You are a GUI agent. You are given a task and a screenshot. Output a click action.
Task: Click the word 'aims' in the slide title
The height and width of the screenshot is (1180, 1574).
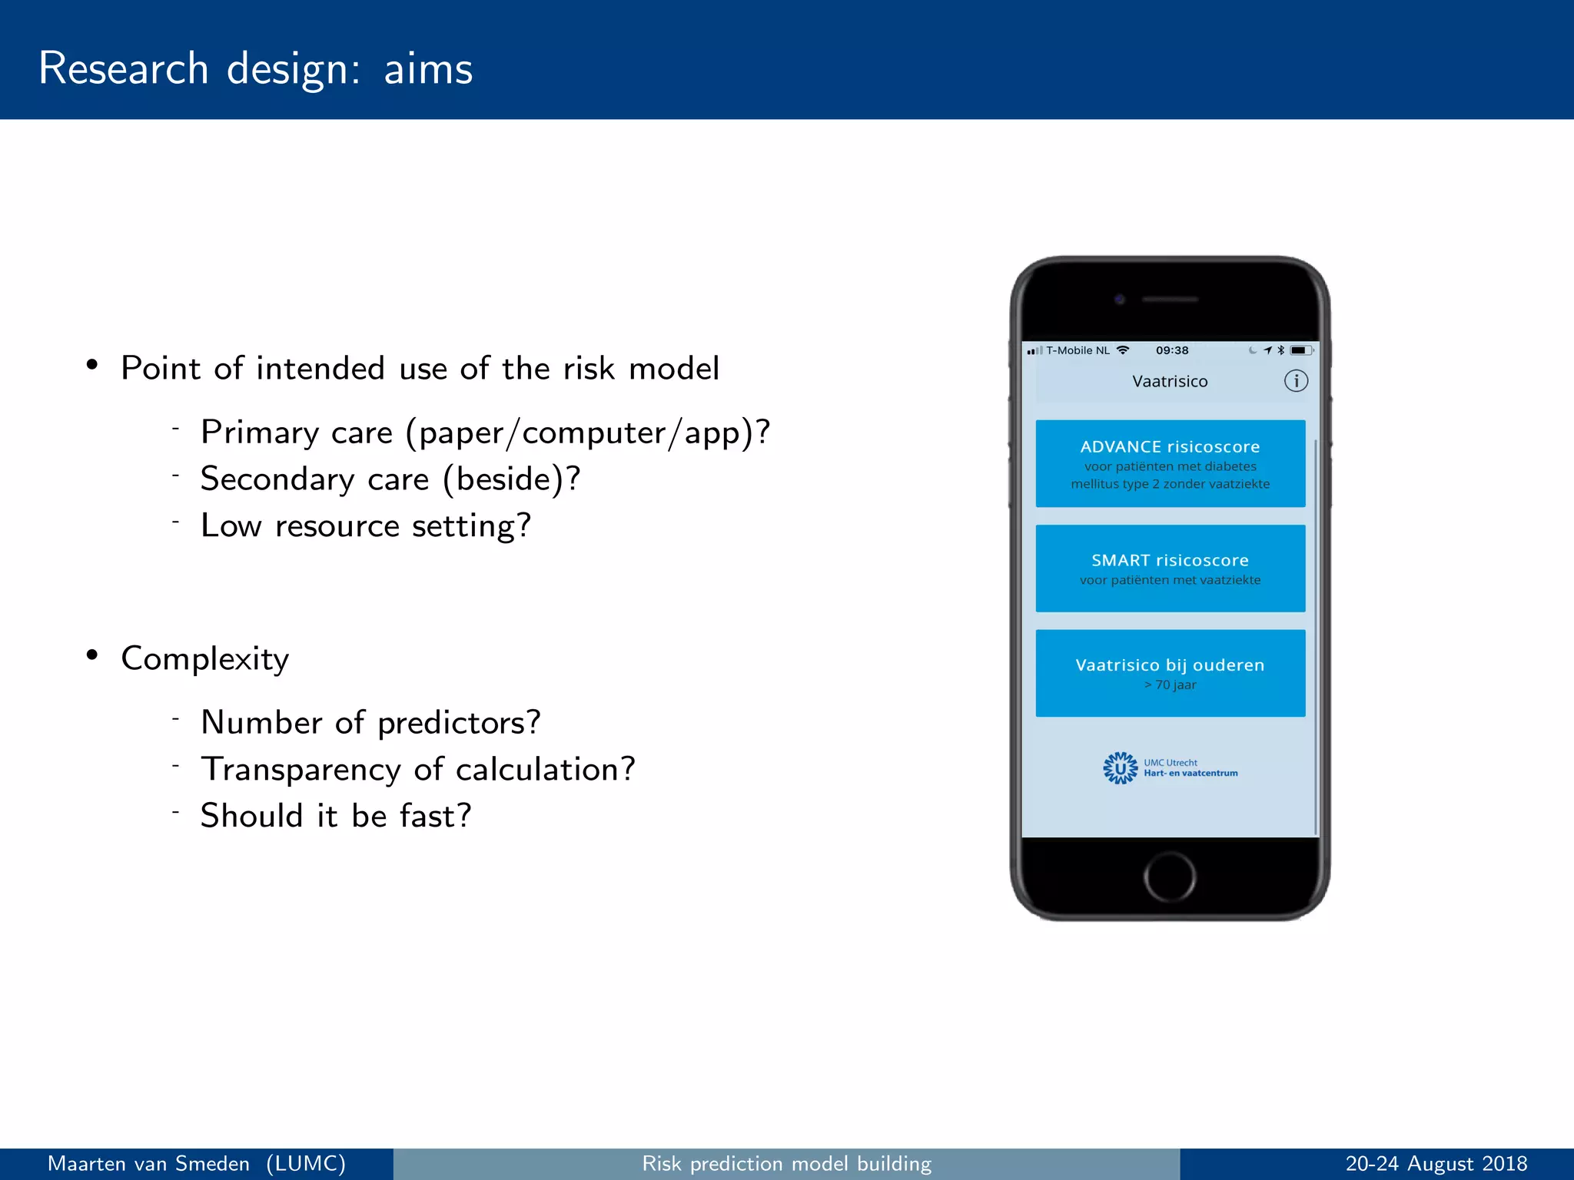(x=428, y=69)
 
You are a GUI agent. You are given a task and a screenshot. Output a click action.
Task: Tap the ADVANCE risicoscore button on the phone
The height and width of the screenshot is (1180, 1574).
(x=1170, y=463)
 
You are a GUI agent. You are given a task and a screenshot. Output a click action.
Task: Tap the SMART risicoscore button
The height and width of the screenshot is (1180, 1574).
(x=1170, y=568)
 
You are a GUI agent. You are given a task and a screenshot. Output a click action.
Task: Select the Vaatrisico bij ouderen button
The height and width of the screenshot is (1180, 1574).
(x=1170, y=673)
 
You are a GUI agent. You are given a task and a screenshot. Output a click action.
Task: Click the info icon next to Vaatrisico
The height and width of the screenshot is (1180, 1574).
(x=1296, y=381)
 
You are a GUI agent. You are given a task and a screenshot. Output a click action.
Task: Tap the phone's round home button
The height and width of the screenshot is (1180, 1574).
(x=1169, y=877)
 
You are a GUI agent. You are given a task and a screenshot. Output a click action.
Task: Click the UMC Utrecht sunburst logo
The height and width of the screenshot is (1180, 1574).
(x=1120, y=767)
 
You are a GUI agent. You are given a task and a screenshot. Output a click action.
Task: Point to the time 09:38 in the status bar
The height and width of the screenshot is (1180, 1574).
(x=1171, y=350)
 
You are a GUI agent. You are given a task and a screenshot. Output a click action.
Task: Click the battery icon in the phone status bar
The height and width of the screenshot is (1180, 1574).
(x=1300, y=350)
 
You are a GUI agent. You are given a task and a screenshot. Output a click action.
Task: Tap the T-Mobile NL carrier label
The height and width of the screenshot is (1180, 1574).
(x=1078, y=350)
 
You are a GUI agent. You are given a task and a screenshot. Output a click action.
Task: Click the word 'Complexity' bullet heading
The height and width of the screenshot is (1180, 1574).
(x=205, y=659)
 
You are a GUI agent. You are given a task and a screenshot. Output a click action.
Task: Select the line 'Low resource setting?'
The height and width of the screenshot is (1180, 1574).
(x=366, y=526)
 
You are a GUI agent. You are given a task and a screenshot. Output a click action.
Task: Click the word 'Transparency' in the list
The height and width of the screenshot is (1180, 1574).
(x=301, y=770)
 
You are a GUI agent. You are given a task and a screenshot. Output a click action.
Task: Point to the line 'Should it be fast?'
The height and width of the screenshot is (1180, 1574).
(x=336, y=816)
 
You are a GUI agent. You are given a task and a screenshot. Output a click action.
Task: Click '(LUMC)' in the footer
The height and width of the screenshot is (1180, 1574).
(x=306, y=1164)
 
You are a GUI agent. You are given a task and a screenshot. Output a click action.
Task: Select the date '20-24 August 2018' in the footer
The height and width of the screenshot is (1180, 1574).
(x=1436, y=1164)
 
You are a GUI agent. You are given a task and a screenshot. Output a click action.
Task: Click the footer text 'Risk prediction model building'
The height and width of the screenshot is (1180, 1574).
(x=786, y=1164)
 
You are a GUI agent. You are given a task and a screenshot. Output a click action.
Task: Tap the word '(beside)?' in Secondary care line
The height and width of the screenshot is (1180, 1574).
(x=511, y=479)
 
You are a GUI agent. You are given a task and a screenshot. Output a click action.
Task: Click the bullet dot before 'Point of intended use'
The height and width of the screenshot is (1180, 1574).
(x=92, y=366)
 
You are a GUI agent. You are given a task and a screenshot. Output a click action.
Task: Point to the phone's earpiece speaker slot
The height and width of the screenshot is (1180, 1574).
(x=1170, y=300)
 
